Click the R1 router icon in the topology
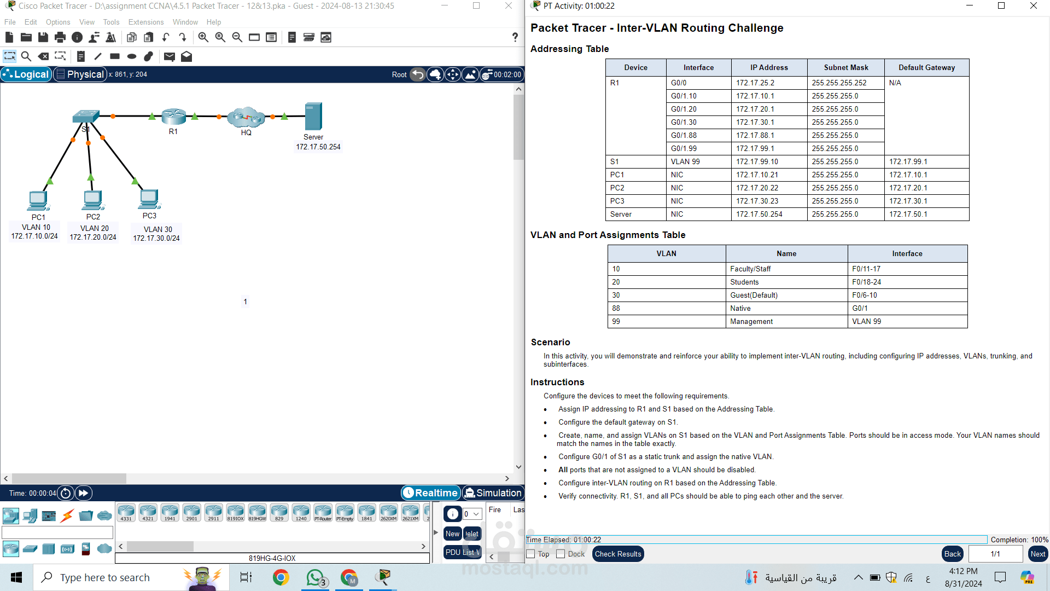point(174,117)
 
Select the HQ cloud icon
point(246,117)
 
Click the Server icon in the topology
point(313,117)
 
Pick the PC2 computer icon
point(93,200)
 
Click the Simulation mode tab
point(493,493)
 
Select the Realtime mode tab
point(431,493)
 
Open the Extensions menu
point(146,22)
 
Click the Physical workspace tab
point(80,74)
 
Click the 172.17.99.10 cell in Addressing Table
point(757,162)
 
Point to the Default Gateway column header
point(926,68)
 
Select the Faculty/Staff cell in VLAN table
point(750,269)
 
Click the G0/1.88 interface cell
point(684,136)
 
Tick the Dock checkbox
point(561,554)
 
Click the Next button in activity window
point(1037,554)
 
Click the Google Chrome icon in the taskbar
point(281,577)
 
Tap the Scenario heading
point(550,343)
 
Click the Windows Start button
point(16,577)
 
